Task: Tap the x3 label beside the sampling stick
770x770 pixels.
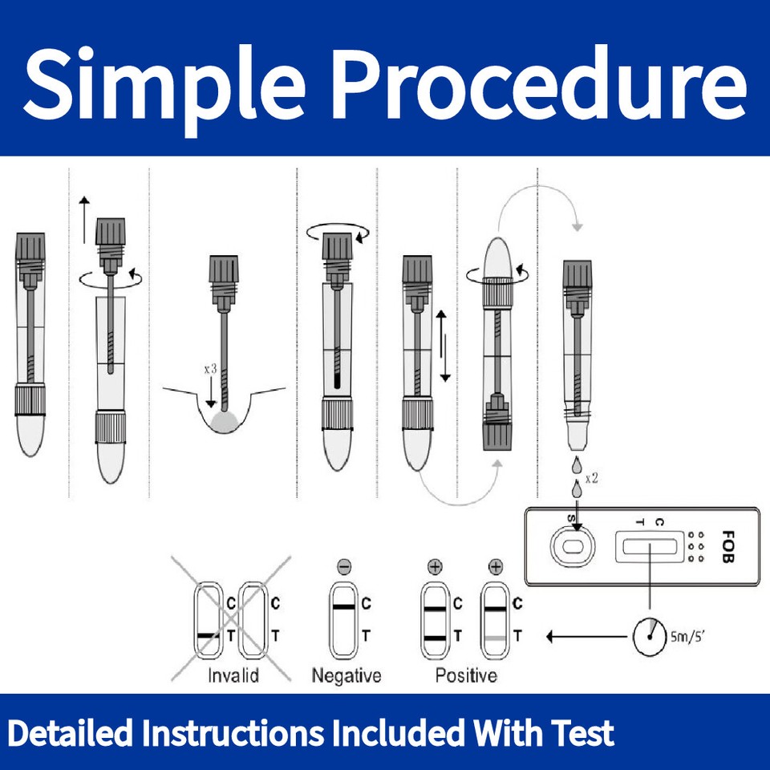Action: [x=210, y=369]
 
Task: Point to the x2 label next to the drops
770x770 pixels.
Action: [x=592, y=478]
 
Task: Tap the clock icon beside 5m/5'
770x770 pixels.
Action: [x=648, y=636]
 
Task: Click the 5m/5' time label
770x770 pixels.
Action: [x=687, y=638]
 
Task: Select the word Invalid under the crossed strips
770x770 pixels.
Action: [x=233, y=675]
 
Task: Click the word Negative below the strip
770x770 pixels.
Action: [x=346, y=675]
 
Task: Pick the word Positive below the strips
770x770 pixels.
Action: [x=466, y=675]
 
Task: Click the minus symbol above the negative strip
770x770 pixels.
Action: [x=344, y=567]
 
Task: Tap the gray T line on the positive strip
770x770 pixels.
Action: [x=495, y=637]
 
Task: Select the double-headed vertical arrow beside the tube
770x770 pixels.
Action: [x=442, y=346]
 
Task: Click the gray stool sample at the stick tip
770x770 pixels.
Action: [x=225, y=421]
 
